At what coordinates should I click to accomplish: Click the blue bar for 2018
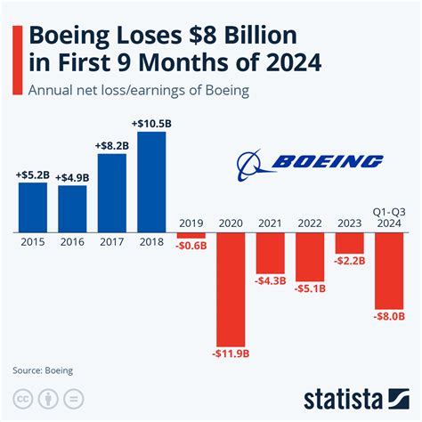(151, 181)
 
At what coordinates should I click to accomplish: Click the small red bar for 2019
(191, 235)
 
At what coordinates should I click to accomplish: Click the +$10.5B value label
(151, 124)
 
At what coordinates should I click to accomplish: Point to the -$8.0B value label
(390, 315)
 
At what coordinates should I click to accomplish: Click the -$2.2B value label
(350, 261)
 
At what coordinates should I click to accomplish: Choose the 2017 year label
(111, 242)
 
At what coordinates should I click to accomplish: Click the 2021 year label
(271, 223)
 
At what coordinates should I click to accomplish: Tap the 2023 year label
(350, 223)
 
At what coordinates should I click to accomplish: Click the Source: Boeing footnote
(43, 369)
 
